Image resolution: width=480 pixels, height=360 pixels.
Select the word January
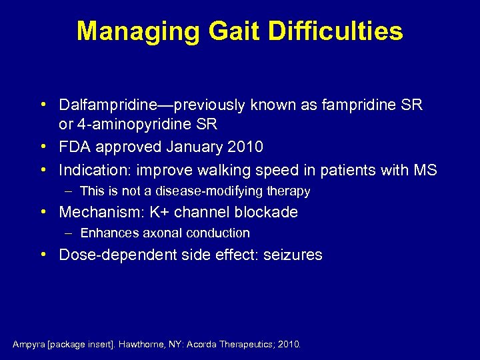[198, 147]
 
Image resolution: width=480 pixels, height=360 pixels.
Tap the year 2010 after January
[245, 147]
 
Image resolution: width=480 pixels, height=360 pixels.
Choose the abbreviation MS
[425, 170]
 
